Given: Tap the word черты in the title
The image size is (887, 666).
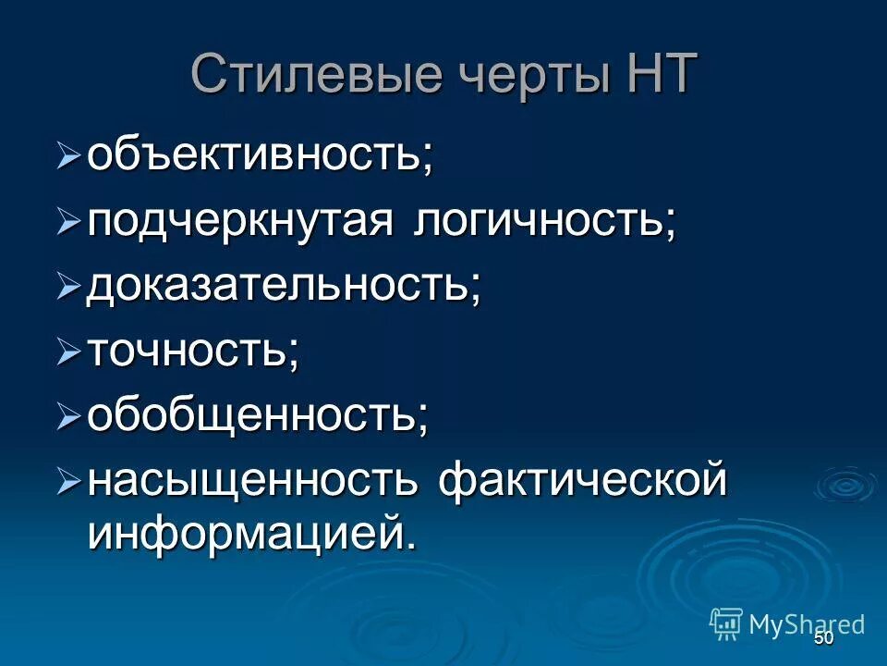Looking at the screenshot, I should pos(529,76).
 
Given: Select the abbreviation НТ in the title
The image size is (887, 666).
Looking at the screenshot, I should pos(656,74).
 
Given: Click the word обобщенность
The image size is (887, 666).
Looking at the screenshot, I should pos(258,417).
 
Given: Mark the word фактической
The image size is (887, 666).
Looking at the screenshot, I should pos(582,483).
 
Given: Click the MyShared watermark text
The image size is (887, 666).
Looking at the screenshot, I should pos(807,623).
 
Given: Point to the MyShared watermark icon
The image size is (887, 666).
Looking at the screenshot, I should pos(726,623).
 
